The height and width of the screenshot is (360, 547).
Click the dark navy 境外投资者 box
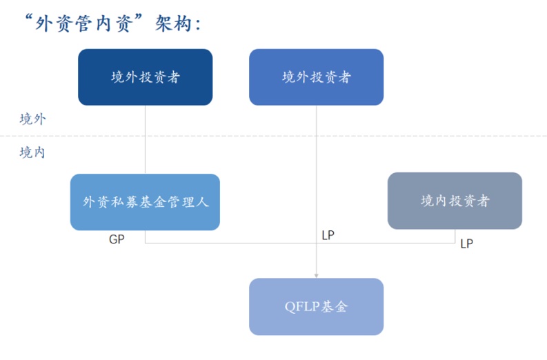pyautogui.click(x=145, y=77)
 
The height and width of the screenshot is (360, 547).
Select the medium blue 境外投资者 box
pyautogui.click(x=316, y=77)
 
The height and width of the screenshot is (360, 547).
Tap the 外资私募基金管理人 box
pyautogui.click(x=145, y=202)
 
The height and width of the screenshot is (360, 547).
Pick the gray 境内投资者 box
pyautogui.click(x=455, y=201)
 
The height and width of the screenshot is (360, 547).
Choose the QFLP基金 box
pyautogui.click(x=316, y=306)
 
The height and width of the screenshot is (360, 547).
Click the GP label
pyautogui.click(x=117, y=239)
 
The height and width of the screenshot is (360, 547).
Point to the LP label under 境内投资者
pyautogui.click(x=466, y=243)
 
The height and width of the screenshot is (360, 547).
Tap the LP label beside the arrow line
pyautogui.click(x=328, y=235)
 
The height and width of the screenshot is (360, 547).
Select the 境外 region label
pyautogui.click(x=32, y=119)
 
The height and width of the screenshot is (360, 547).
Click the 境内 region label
pyautogui.click(x=32, y=152)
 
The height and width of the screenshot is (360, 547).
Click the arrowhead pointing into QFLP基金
pyautogui.click(x=317, y=274)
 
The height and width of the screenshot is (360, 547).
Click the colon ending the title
pyautogui.click(x=199, y=25)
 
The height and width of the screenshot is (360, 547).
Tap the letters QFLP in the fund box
pyautogui.click(x=299, y=307)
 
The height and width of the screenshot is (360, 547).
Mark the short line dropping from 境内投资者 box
pyautogui.click(x=455, y=236)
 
